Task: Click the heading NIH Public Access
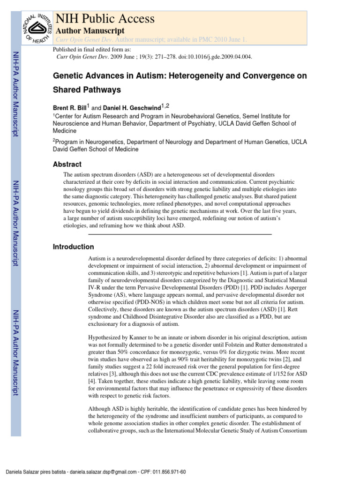[x=105, y=18]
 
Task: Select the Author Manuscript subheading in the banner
[x=90, y=30]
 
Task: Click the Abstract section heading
[x=67, y=165]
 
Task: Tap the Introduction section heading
[x=74, y=247]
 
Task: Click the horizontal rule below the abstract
[x=180, y=234]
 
